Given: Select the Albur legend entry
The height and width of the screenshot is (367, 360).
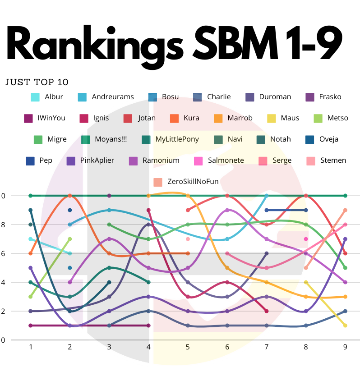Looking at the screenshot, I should point(54,96).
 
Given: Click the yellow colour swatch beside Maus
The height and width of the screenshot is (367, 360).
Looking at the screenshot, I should point(271,118).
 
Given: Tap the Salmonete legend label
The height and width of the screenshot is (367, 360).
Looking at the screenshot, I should point(226,160).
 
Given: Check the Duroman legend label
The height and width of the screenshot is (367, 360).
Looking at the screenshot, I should point(275,96).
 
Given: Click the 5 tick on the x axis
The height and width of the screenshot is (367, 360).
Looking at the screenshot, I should point(188,347).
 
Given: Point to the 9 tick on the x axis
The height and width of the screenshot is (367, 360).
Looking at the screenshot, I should point(346,347).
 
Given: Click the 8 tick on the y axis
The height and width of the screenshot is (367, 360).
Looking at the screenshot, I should point(3,225).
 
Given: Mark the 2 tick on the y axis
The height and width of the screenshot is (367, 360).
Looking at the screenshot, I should point(3,311).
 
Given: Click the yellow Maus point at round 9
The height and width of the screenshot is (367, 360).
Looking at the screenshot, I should point(346,326).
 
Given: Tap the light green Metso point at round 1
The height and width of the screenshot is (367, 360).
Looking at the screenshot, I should point(30,297).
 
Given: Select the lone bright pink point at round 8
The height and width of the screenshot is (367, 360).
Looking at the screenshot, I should point(306,239).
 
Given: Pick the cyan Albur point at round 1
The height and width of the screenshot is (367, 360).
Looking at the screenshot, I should point(30,239).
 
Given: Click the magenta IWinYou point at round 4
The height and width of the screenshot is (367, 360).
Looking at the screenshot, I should point(149,326).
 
